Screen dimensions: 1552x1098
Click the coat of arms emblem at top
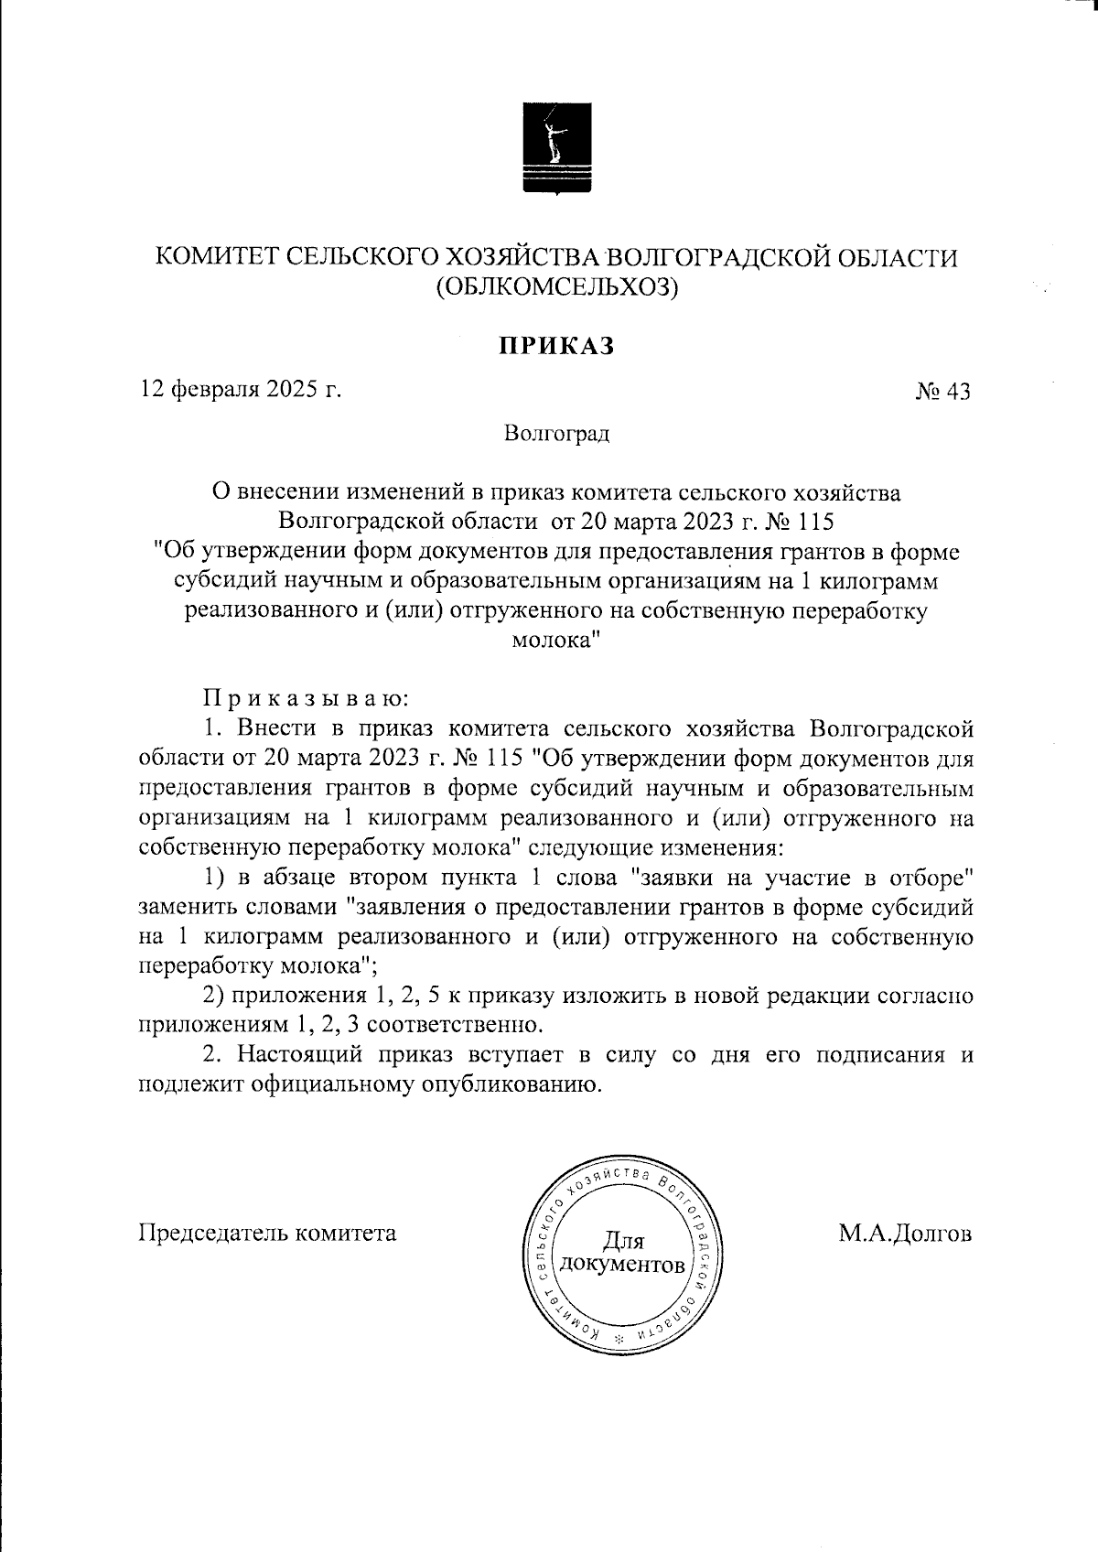click(x=555, y=149)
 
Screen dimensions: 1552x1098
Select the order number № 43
click(x=942, y=392)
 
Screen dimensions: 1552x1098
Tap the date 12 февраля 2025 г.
click(x=241, y=390)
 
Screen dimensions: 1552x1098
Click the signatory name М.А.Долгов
click(x=905, y=1233)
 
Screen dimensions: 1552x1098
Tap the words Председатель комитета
click(x=267, y=1233)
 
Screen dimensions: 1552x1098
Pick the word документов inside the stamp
click(x=622, y=1266)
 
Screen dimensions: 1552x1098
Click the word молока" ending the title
click(x=554, y=641)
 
